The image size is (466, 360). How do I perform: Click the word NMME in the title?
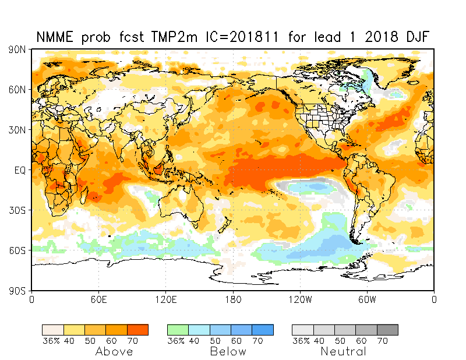[55, 37]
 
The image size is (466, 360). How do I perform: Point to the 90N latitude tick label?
[17, 50]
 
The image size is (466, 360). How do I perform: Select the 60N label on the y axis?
[17, 90]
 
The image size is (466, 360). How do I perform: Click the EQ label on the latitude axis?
[20, 170]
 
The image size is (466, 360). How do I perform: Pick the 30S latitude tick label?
[17, 210]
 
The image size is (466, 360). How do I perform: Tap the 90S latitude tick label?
[17, 290]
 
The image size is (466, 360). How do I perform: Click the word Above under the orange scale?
[114, 351]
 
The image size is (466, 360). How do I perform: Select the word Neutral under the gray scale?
[344, 351]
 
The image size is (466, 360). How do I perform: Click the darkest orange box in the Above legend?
[138, 330]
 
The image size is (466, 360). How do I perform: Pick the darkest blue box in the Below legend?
[263, 330]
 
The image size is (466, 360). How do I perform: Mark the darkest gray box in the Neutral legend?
[387, 330]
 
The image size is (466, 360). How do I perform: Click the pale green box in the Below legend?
[178, 330]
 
